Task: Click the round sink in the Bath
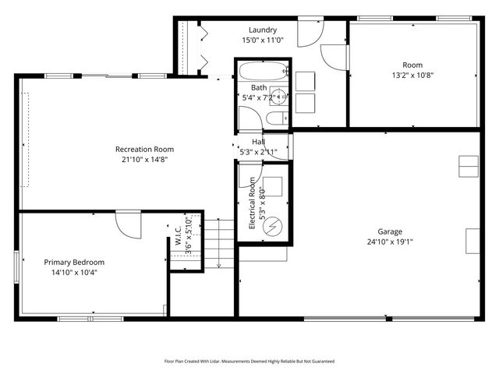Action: tap(279, 97)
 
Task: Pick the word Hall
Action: tap(257, 142)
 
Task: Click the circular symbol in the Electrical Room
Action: tap(274, 227)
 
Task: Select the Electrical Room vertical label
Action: tap(253, 203)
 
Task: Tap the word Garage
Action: tap(390, 231)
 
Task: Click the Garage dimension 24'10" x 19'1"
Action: tap(390, 242)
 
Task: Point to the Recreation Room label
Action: tap(144, 149)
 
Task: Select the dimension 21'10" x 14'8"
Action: tap(144, 159)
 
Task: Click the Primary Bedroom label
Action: tap(74, 263)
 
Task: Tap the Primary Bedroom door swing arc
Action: tap(128, 225)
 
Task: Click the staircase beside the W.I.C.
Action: tap(219, 242)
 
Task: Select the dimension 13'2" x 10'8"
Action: tap(412, 76)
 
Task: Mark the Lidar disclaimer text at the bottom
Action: tap(249, 362)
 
